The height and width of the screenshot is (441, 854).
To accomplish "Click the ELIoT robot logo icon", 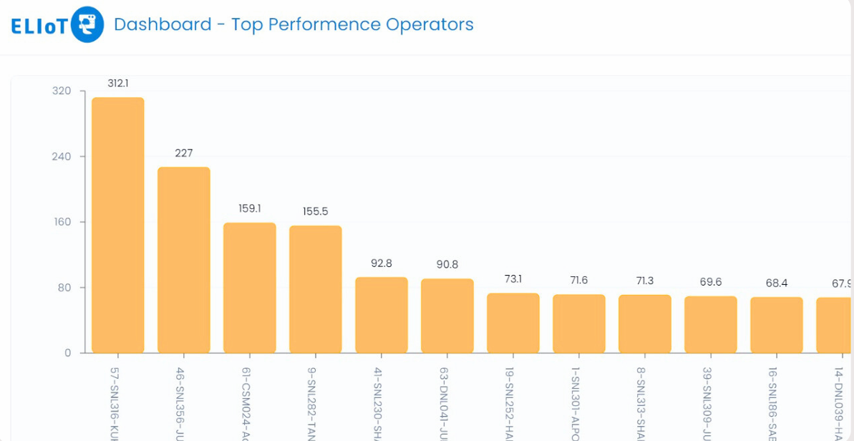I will click(x=87, y=25).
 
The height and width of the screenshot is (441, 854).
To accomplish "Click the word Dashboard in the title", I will click(x=162, y=24).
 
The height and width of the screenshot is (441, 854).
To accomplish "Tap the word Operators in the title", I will click(x=430, y=24).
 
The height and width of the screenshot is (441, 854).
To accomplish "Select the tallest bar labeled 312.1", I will click(x=118, y=225).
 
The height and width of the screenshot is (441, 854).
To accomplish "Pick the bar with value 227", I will click(x=184, y=260).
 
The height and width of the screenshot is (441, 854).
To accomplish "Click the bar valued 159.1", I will click(x=250, y=287).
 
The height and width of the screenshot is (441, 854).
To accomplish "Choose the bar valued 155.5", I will click(x=316, y=289).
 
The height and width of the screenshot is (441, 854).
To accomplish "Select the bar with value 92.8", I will click(x=382, y=314).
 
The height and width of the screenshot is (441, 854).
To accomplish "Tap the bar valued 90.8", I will click(x=447, y=315).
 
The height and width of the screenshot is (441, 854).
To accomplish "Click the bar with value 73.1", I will click(x=513, y=322).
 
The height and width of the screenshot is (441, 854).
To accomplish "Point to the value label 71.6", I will click(x=579, y=280).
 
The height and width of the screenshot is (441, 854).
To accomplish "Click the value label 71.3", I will click(x=645, y=280).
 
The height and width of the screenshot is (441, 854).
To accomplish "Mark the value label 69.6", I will click(x=711, y=282).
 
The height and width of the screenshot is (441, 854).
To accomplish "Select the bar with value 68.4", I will click(x=777, y=324).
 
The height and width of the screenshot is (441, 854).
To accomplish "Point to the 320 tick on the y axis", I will click(x=62, y=91).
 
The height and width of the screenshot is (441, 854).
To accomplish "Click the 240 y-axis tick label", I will click(x=62, y=157).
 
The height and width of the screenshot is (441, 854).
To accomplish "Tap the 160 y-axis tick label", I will click(x=62, y=222).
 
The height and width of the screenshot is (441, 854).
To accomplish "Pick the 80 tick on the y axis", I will click(x=64, y=288).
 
